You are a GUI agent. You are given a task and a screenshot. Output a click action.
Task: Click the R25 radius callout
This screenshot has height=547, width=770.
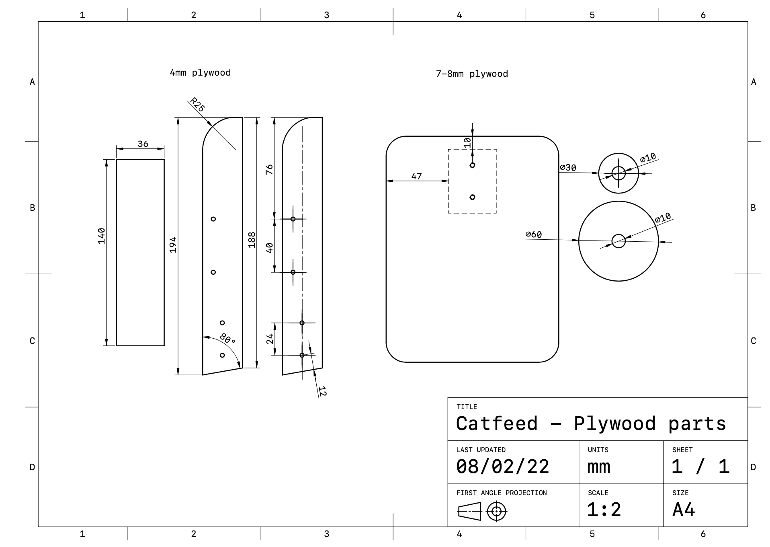click(x=197, y=105)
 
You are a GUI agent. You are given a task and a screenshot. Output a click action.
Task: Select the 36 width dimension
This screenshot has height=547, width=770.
click(x=143, y=144)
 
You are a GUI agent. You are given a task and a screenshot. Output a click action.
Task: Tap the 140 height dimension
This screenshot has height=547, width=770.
click(x=101, y=236)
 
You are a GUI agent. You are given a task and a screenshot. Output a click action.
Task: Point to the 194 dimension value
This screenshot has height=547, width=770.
click(x=173, y=245)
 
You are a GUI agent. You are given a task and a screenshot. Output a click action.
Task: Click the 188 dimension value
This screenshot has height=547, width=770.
click(x=252, y=240)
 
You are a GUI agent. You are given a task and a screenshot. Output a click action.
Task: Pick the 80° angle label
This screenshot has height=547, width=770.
click(x=227, y=339)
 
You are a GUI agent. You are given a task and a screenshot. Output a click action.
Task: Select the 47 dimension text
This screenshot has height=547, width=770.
click(x=416, y=176)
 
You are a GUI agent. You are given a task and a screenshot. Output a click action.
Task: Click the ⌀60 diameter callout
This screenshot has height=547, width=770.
click(x=533, y=234)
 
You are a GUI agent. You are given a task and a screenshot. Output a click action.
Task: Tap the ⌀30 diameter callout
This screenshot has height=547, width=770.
click(x=568, y=167)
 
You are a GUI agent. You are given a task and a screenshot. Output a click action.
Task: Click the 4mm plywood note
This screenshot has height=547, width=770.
click(x=200, y=73)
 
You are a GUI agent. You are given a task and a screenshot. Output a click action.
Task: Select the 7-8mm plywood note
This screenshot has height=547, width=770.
click(x=472, y=74)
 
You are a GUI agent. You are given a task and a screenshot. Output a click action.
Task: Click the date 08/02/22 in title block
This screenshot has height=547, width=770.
click(x=502, y=467)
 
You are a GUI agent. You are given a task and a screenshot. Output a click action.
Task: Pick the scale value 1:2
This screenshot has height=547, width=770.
click(x=604, y=510)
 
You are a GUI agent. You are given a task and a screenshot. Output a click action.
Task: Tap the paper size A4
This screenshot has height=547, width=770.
click(x=683, y=510)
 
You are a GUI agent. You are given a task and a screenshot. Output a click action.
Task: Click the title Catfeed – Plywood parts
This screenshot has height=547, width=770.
click(x=591, y=424)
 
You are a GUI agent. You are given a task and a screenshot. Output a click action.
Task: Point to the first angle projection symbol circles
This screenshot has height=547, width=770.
click(x=496, y=512)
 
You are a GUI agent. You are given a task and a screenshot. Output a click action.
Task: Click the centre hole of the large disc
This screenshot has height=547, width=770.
click(x=618, y=241)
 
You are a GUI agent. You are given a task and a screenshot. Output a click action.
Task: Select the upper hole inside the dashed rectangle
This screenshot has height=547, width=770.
click(x=472, y=165)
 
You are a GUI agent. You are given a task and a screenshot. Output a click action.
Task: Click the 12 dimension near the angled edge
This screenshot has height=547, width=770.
click(x=322, y=391)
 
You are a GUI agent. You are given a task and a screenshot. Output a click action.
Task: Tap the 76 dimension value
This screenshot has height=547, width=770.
click(x=269, y=169)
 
